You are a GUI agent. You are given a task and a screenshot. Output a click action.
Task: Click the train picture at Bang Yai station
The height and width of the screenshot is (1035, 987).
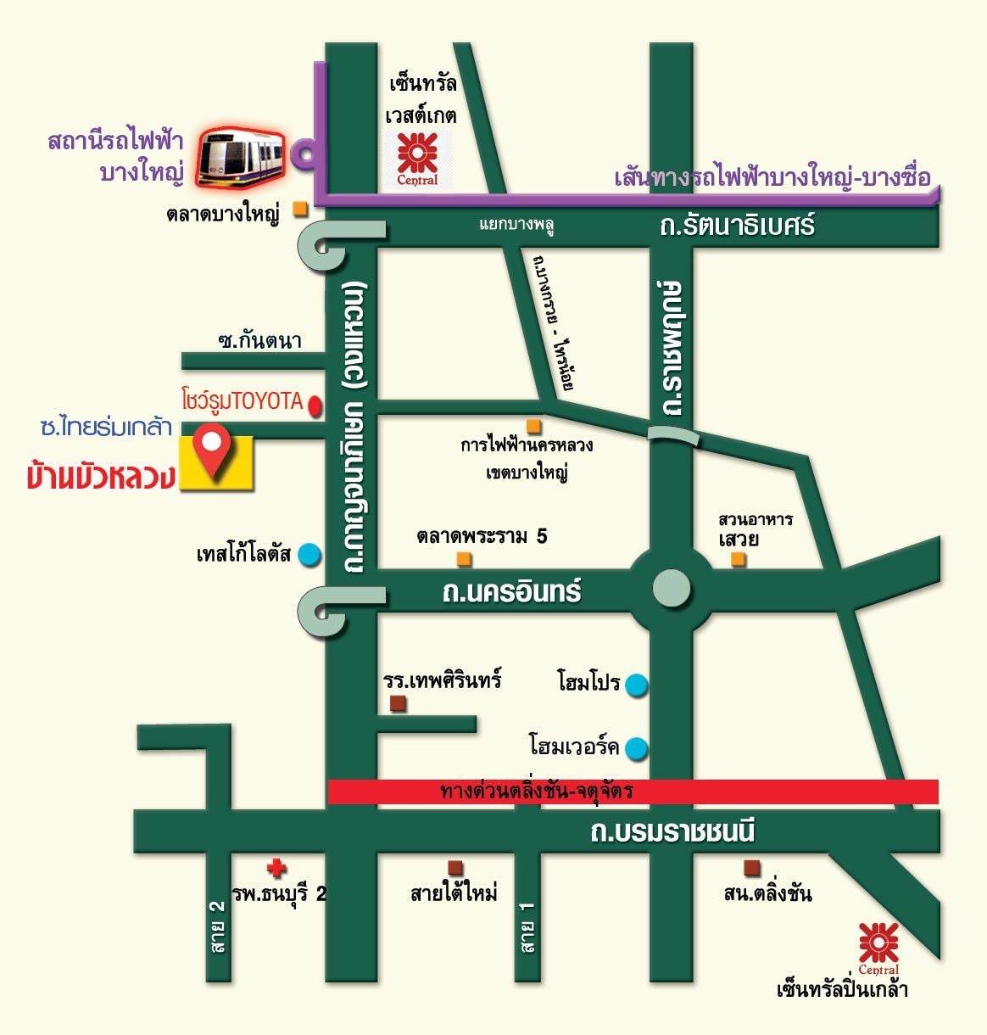[241, 158]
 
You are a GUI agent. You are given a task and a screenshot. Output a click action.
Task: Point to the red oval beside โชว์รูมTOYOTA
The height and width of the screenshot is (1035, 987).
[315, 406]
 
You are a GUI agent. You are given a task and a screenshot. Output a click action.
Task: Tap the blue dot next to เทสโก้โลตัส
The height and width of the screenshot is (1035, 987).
[309, 554]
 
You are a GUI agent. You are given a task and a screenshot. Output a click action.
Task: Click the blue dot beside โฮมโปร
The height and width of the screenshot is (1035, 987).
[637, 685]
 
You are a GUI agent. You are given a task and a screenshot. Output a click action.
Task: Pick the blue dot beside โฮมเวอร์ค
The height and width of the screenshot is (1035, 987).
[637, 748]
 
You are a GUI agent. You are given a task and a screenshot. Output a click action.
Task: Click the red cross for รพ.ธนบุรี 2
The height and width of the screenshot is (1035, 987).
[276, 868]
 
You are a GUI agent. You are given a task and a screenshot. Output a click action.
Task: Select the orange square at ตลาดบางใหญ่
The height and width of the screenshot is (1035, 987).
[299, 209]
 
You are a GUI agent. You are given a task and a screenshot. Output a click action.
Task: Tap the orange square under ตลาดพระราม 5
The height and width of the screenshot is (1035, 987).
[464, 558]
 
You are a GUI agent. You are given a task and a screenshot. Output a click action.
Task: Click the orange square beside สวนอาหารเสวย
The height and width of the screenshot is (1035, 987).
[739, 558]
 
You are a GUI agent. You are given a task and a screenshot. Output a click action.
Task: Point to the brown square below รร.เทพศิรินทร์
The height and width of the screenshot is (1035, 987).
[397, 703]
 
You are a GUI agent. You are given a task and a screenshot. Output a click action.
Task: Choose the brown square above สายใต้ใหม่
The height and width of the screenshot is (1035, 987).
[455, 867]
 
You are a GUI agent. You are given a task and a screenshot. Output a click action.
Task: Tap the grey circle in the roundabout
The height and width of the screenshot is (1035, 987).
[672, 588]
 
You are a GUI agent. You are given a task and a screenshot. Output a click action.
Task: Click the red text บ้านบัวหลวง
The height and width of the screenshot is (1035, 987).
[101, 477]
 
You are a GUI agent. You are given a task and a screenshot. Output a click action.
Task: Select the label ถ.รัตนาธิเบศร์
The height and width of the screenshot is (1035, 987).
[736, 227]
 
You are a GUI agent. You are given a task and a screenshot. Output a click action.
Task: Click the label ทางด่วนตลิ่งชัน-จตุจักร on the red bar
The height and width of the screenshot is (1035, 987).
[537, 792]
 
